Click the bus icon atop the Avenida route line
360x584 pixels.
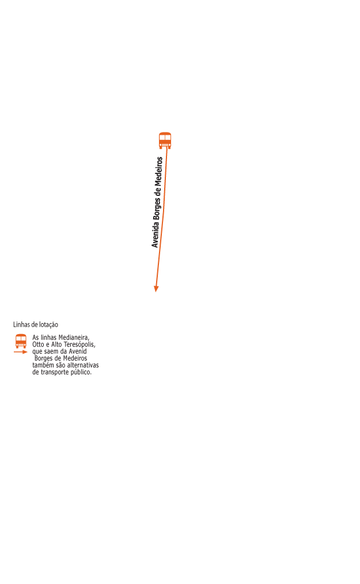(165, 140)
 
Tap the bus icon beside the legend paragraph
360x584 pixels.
(21, 341)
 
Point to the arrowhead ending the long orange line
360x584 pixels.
(156, 289)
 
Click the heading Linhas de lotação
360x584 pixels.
(36, 325)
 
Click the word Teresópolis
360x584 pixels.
(79, 344)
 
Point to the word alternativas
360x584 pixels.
(82, 366)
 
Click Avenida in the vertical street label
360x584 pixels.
(155, 236)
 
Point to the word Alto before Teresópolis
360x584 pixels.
(59, 344)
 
